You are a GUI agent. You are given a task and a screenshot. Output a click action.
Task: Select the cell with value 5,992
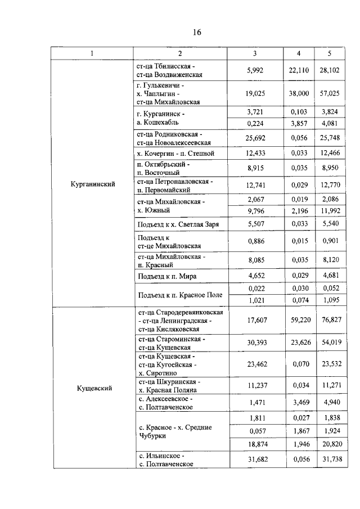[x=255, y=70]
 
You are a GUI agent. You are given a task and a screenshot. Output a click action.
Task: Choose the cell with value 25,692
[x=255, y=138]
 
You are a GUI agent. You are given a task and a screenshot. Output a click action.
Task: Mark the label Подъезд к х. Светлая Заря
[x=174, y=224]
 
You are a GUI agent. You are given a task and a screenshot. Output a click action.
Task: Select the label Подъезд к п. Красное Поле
[x=179, y=295]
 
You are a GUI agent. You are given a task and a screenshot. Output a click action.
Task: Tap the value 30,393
[x=255, y=344]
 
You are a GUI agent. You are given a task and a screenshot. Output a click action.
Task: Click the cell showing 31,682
[x=255, y=460]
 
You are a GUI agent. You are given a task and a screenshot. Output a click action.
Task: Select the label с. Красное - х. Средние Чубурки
[x=174, y=431]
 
